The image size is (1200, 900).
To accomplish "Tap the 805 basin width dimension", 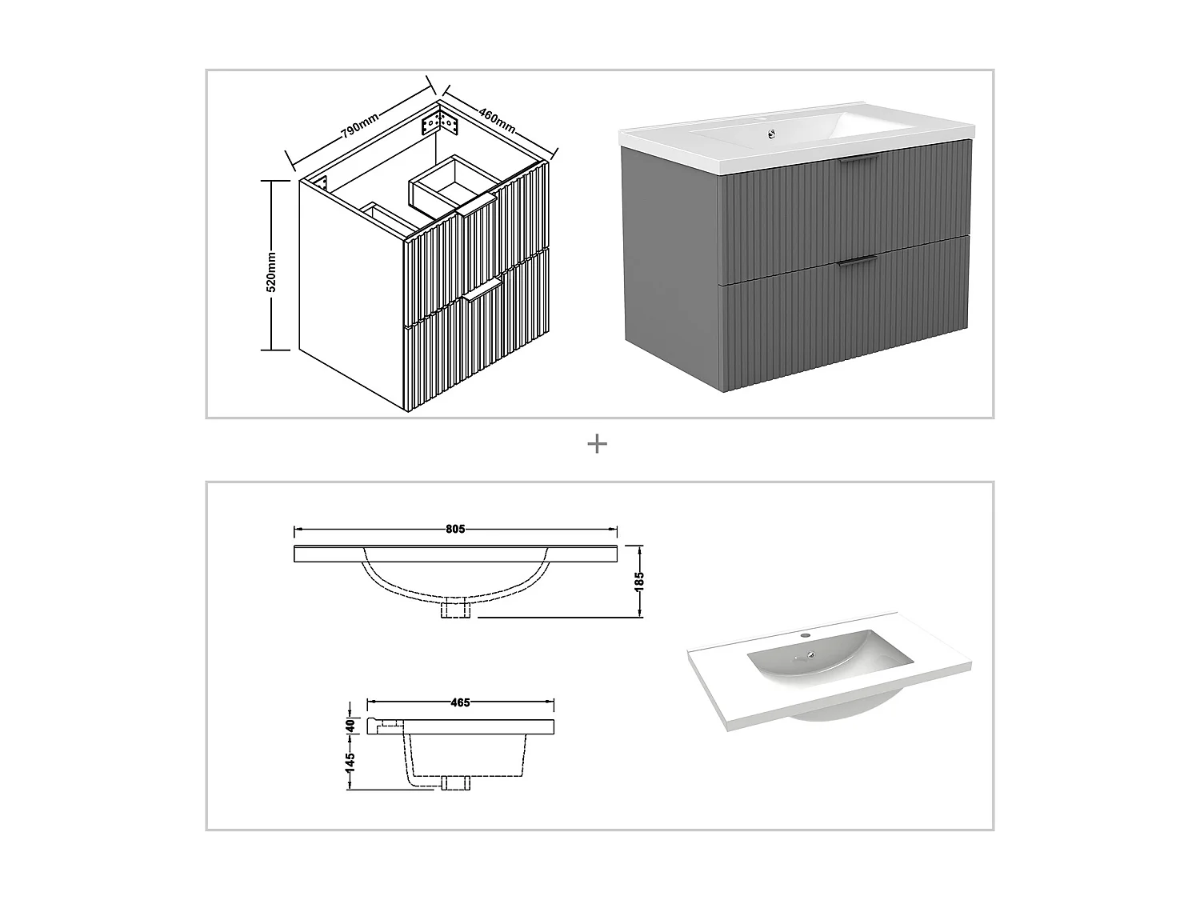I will [x=455, y=529].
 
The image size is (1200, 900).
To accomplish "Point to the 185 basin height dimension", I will [x=638, y=581].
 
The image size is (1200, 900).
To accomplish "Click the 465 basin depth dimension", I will [x=460, y=702].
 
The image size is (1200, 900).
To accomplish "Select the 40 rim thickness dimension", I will [x=350, y=726].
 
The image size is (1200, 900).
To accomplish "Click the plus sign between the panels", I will [x=597, y=443].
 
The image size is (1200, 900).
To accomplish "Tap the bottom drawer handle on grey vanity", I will [x=856, y=260].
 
